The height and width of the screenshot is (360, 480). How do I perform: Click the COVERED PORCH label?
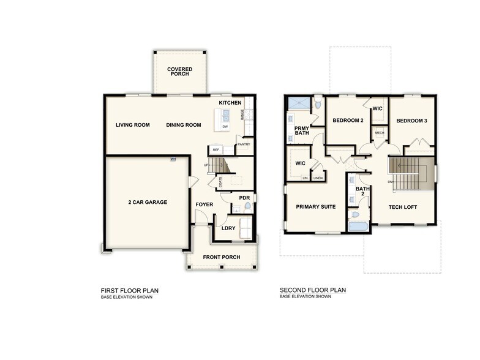tap(179, 72)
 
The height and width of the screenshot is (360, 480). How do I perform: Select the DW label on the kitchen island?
tap(225, 127)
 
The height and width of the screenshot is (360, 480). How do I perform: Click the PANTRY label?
tap(244, 144)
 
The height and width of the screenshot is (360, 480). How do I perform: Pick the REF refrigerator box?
tap(216, 149)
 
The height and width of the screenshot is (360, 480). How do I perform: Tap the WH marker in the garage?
tap(173, 159)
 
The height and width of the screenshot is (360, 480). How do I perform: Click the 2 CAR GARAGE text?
tap(148, 202)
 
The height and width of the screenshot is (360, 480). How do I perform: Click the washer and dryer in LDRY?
tap(245, 228)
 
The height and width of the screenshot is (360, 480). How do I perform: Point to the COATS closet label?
tap(212, 181)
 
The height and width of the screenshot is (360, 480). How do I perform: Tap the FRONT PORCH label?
tap(222, 257)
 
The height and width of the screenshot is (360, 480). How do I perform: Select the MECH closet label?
tap(379, 133)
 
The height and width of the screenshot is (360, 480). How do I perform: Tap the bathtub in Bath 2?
tap(358, 227)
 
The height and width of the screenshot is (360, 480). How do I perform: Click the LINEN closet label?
tap(318, 178)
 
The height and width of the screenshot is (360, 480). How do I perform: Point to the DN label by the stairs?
tap(390, 182)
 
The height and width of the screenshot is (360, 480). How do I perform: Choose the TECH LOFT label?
tap(403, 207)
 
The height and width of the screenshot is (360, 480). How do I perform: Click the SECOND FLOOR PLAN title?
tap(313, 290)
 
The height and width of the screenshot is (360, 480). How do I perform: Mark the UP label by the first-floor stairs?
tap(206, 165)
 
